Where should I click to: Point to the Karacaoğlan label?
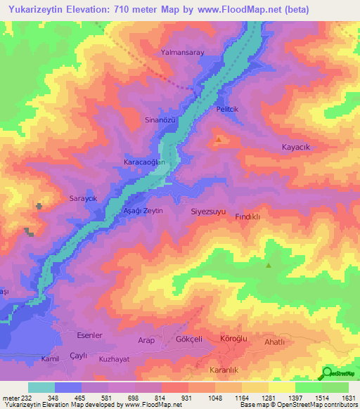[144, 162]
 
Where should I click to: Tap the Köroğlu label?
[235, 339]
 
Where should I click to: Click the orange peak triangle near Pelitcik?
[219, 139]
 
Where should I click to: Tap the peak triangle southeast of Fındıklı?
[268, 265]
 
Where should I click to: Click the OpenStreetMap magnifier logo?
[328, 373]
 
